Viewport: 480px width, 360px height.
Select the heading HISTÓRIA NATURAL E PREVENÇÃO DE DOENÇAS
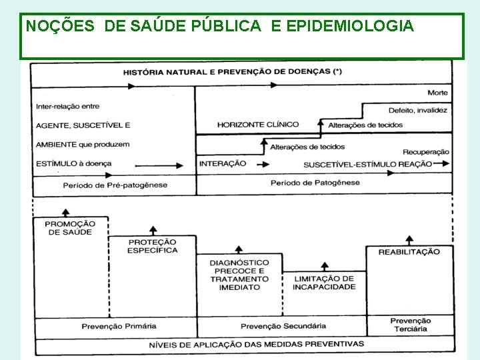(x=232, y=72)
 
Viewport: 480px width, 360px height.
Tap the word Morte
(x=437, y=93)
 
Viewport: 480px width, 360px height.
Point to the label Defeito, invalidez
(x=417, y=110)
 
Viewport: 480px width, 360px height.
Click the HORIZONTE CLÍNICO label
(x=258, y=125)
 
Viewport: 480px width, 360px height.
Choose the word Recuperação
(x=425, y=152)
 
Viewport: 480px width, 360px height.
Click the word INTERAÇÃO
(x=223, y=164)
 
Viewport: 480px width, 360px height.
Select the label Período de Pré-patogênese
(x=115, y=185)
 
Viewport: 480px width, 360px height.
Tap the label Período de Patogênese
(x=315, y=183)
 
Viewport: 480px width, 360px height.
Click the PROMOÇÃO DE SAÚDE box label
(x=70, y=228)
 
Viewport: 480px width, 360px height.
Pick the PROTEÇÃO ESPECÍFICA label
(x=153, y=246)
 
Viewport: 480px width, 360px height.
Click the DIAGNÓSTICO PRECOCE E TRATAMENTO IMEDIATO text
(x=239, y=275)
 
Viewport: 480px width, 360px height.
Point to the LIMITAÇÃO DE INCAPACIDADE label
(x=324, y=283)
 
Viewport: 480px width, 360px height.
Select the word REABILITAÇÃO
(x=409, y=251)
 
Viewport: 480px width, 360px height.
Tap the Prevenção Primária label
(x=119, y=326)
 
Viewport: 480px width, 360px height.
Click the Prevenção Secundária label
(x=283, y=326)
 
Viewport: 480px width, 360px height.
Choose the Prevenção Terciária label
(x=410, y=325)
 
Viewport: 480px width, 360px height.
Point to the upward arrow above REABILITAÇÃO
(x=409, y=239)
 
